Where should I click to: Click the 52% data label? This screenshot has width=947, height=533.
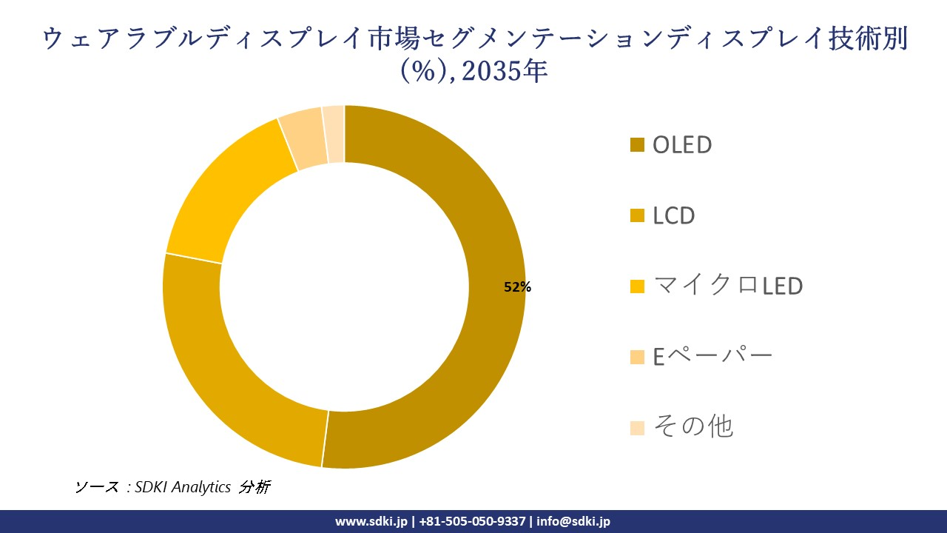pyautogui.click(x=517, y=287)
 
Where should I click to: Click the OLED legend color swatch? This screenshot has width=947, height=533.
pyautogui.click(x=637, y=145)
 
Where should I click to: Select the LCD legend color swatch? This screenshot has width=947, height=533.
pyautogui.click(x=637, y=216)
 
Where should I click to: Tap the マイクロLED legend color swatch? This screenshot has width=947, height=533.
pyautogui.click(x=637, y=286)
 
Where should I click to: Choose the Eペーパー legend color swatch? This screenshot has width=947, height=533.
pyautogui.click(x=637, y=357)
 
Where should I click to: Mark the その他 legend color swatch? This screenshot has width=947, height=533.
pyautogui.click(x=637, y=428)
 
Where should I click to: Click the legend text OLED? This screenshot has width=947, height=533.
pyautogui.click(x=681, y=145)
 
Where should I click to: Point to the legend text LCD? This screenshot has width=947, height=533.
pyautogui.click(x=673, y=216)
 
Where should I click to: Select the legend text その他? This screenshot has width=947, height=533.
pyautogui.click(x=692, y=427)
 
